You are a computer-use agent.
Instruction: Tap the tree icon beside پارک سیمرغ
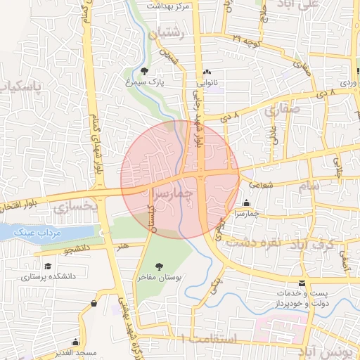144,71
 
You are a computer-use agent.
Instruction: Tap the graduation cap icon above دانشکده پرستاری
48,266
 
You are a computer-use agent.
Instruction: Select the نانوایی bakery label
207,83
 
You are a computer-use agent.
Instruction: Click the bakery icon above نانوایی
207,72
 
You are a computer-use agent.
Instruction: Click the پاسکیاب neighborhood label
18,87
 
